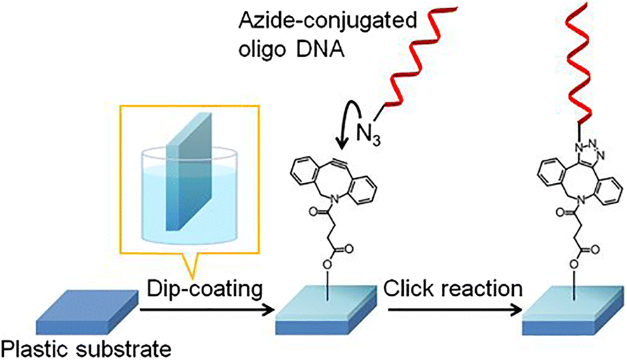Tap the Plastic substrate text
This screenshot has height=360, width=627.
click(x=86, y=348)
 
